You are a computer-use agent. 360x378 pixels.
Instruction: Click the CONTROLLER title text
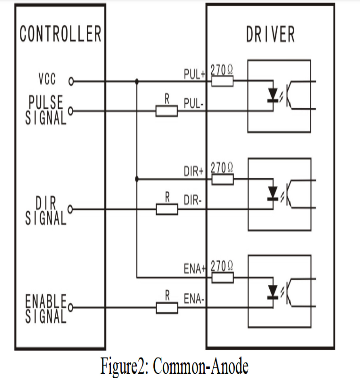click(x=60, y=34)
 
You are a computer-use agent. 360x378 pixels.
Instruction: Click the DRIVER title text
click(x=270, y=34)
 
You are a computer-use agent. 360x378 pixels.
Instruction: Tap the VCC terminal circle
click(x=71, y=82)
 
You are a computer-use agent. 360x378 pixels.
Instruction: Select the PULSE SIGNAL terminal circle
click(x=71, y=111)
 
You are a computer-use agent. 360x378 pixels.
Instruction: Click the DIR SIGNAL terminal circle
click(x=70, y=209)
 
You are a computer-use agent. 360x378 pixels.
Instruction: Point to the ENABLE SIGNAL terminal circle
click(x=70, y=308)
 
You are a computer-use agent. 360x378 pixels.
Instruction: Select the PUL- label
click(x=194, y=104)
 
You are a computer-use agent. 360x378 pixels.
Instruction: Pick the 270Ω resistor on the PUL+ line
click(x=222, y=81)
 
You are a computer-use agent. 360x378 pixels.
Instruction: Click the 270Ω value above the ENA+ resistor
click(x=222, y=266)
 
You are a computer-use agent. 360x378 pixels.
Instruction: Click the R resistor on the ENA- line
click(x=167, y=308)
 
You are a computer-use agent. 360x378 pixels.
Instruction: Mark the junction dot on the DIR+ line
click(x=137, y=179)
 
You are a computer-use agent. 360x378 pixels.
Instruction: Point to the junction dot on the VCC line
click(x=137, y=81)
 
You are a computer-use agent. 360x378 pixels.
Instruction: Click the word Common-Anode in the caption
click(x=200, y=366)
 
